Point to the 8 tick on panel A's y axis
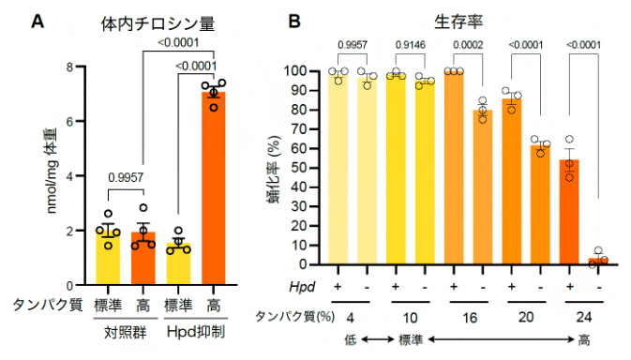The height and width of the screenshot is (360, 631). coord(82,67)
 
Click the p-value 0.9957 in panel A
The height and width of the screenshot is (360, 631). coord(126,175)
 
